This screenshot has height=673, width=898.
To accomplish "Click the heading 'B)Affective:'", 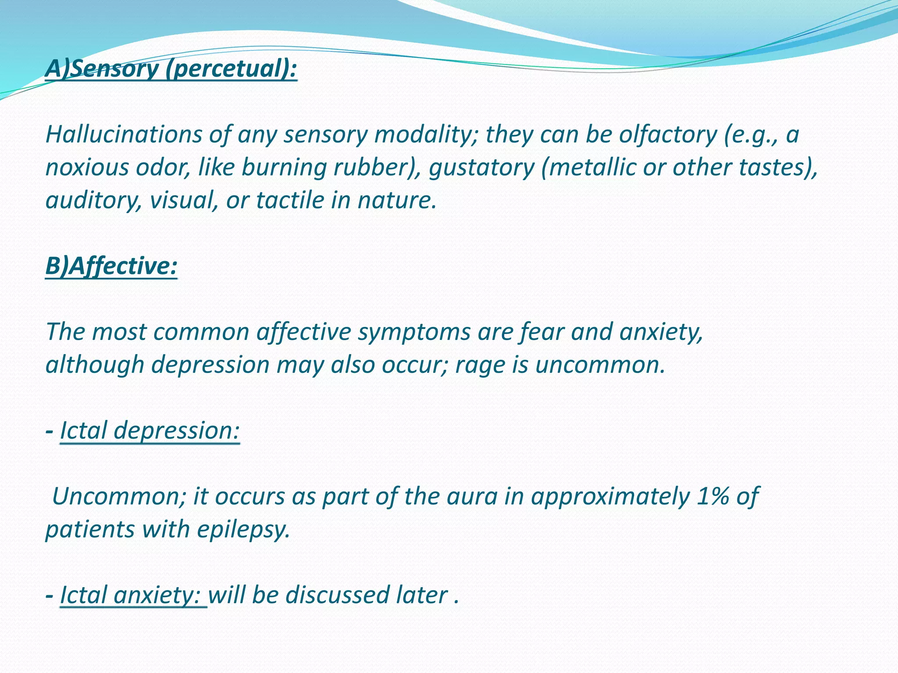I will [111, 266].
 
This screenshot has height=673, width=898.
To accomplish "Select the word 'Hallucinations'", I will [123, 134].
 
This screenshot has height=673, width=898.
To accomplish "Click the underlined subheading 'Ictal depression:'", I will [150, 430].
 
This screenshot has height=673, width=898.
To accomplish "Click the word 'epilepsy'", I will [243, 529].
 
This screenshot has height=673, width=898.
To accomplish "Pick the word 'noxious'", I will [87, 167].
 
